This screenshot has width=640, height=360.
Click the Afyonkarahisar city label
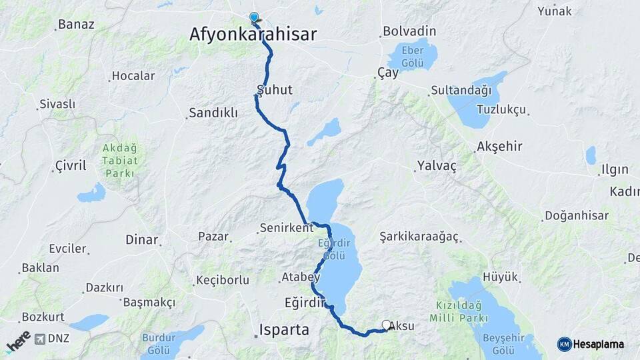pos(253,35)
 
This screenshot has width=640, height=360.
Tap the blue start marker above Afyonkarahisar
pos(253,18)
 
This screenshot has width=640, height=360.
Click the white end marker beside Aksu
pos(386,325)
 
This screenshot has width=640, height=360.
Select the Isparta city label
pos(285,330)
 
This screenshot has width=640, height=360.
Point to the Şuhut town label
pos(275,89)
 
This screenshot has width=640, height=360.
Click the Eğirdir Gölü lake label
pos(333,250)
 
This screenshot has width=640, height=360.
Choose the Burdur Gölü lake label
pos(159,344)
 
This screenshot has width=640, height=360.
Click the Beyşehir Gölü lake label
pos(498,344)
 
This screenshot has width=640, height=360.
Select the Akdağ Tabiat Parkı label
pos(120,161)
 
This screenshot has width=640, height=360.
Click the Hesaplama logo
pos(591,344)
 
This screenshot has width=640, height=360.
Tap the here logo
pos(18,341)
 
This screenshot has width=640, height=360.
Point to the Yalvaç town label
pos(437,166)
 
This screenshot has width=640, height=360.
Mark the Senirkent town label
pos(286,228)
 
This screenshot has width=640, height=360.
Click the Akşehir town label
pos(499,147)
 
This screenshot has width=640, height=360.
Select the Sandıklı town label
pos(213,113)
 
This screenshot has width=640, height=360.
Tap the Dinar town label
pos(142,239)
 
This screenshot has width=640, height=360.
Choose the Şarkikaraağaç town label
pos(419,237)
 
